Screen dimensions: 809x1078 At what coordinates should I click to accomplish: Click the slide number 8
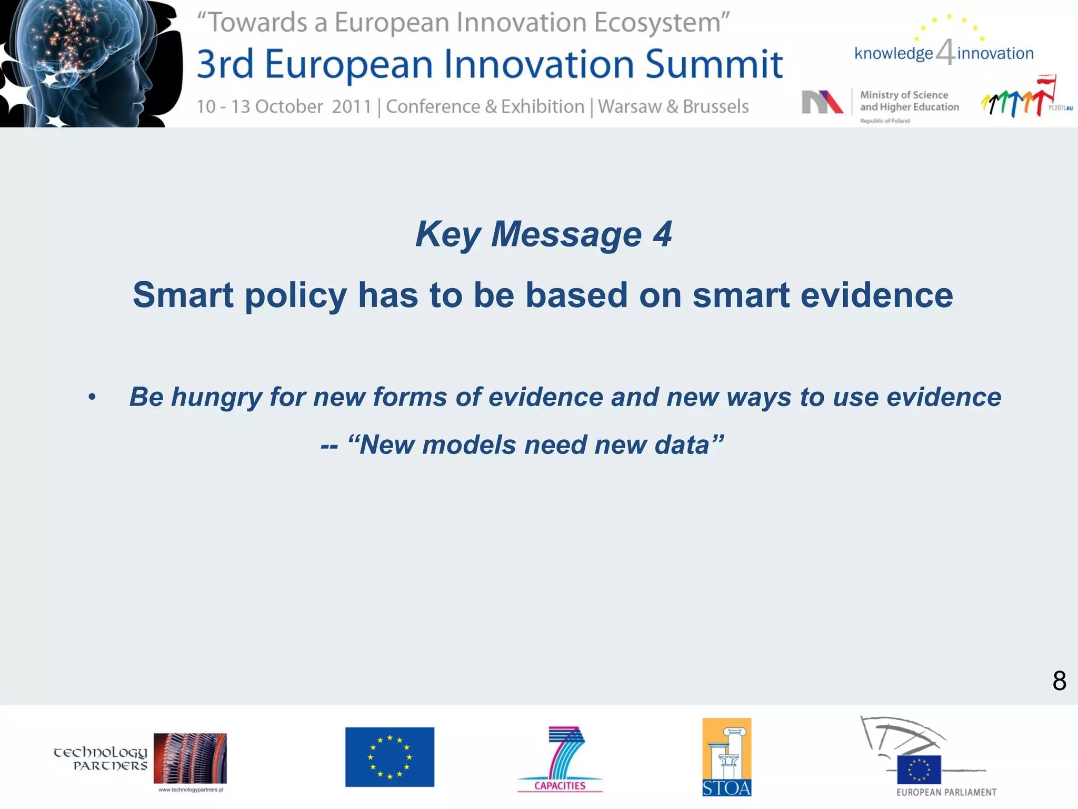point(1059,681)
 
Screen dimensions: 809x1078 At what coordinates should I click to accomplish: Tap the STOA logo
point(726,757)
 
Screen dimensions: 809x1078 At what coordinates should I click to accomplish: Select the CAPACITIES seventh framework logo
point(561,759)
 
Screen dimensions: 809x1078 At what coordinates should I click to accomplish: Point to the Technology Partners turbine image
point(190,758)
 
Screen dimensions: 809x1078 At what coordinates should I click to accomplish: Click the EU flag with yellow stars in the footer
point(390,757)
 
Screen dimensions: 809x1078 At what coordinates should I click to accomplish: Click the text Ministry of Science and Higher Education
point(909,101)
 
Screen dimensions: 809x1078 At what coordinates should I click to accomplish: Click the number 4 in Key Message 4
point(662,234)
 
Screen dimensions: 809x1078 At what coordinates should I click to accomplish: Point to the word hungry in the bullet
point(216,397)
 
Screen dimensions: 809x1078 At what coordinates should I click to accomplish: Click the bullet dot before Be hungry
point(92,398)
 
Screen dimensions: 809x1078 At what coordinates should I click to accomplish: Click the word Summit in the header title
point(714,64)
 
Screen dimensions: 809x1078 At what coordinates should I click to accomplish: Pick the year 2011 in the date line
point(352,107)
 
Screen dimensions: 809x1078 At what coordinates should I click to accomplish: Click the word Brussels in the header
point(715,107)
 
